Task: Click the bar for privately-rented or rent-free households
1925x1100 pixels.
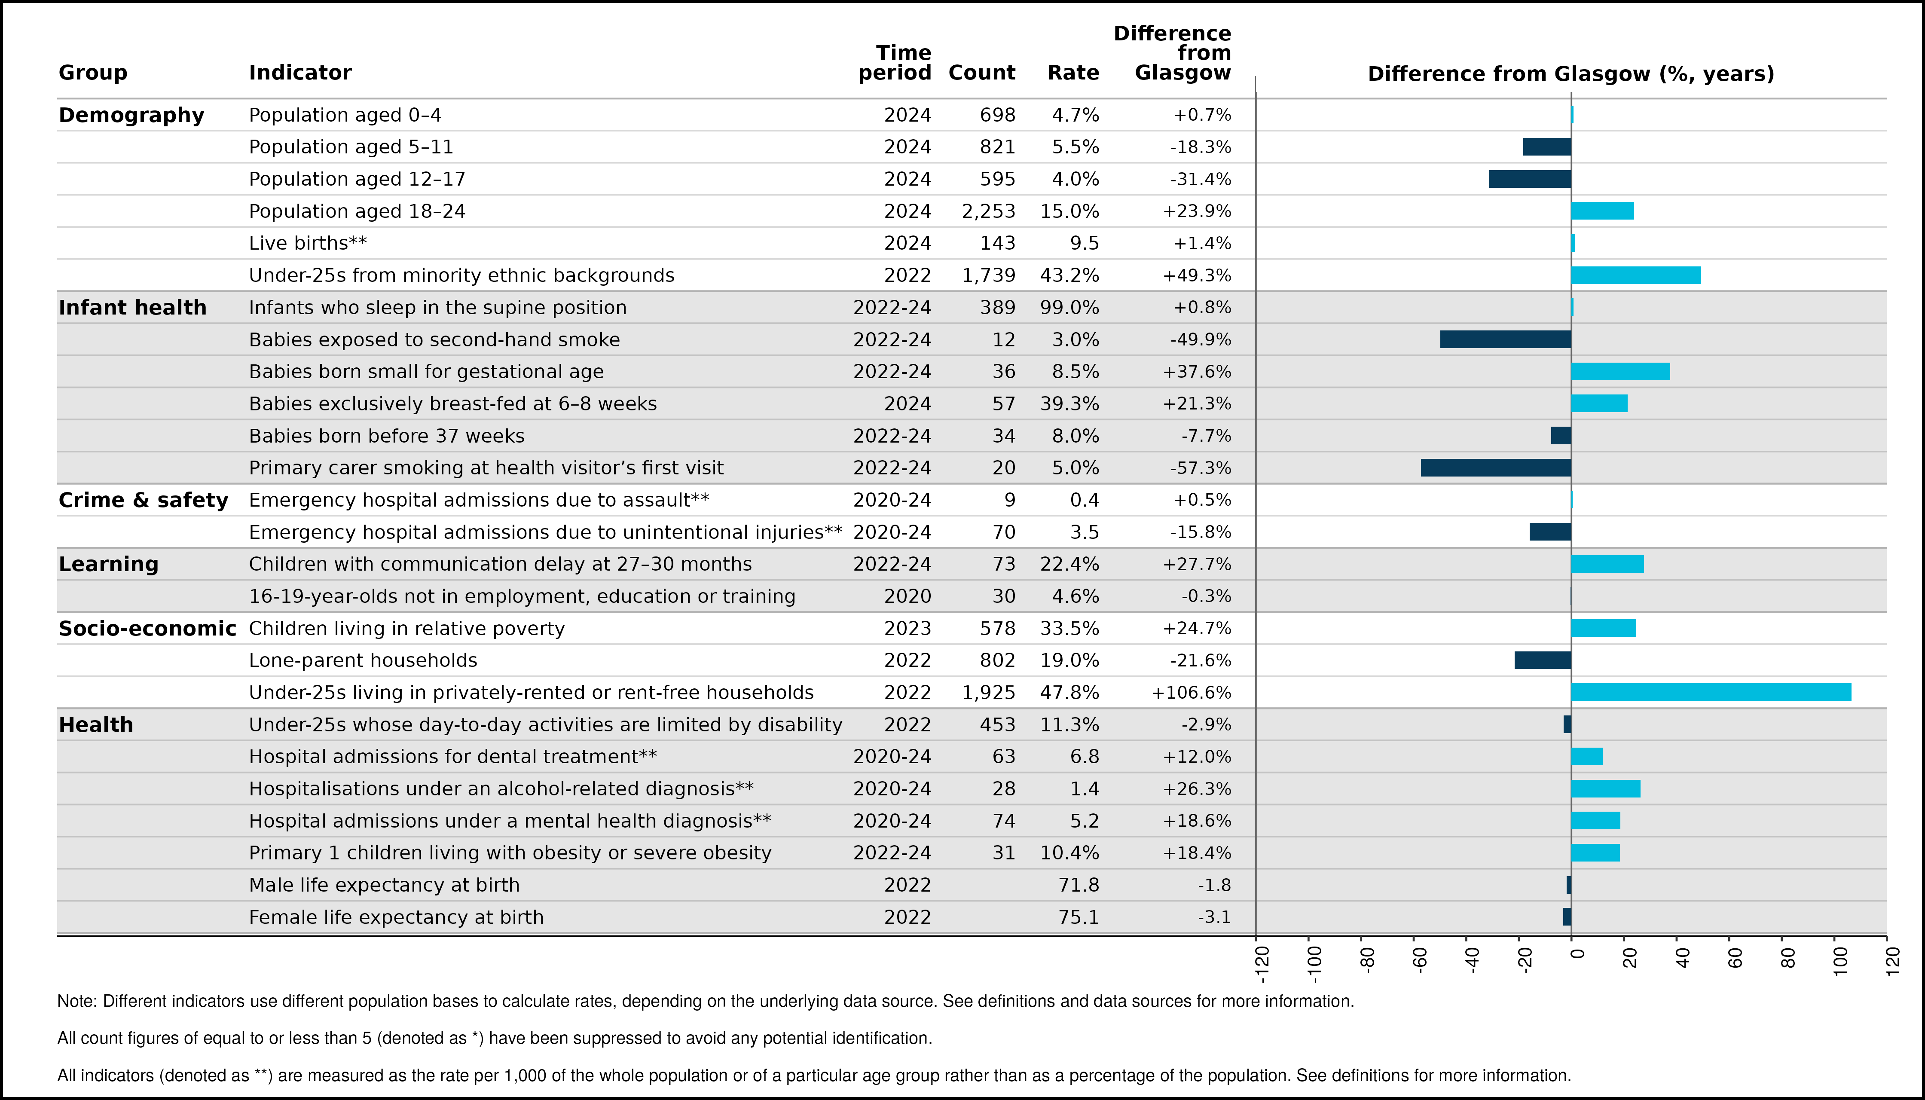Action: pyautogui.click(x=1711, y=692)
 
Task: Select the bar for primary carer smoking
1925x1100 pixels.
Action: pyautogui.click(x=1496, y=467)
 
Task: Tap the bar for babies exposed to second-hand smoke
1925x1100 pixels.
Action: pyautogui.click(x=1506, y=339)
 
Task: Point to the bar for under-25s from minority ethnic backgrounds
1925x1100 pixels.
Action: pyautogui.click(x=1636, y=275)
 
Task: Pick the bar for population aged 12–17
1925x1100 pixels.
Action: pyautogui.click(x=1530, y=179)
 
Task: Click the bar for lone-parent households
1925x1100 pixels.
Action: pyautogui.click(x=1543, y=660)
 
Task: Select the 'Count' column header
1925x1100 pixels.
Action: pyautogui.click(x=981, y=73)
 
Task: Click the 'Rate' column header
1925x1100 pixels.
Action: pyautogui.click(x=1073, y=73)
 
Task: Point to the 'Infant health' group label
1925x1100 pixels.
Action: pyautogui.click(x=132, y=308)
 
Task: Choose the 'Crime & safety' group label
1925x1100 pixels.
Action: pyautogui.click(x=143, y=500)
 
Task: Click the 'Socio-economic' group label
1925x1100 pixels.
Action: pyautogui.click(x=147, y=629)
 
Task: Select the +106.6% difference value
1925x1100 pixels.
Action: pyautogui.click(x=1192, y=693)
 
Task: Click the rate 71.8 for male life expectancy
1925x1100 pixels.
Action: pyautogui.click(x=1079, y=885)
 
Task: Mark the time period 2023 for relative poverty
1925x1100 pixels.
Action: pyautogui.click(x=907, y=629)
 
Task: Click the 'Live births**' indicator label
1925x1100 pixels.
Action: pyautogui.click(x=308, y=243)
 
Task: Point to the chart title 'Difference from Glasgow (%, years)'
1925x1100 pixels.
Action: pyautogui.click(x=1571, y=74)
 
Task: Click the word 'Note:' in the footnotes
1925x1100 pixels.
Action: pyautogui.click(x=77, y=1001)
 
